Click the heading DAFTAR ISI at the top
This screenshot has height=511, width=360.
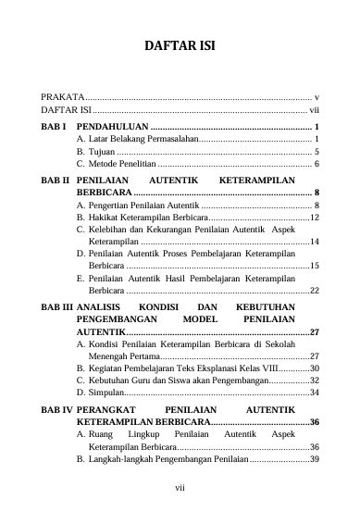pyautogui.click(x=180, y=47)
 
